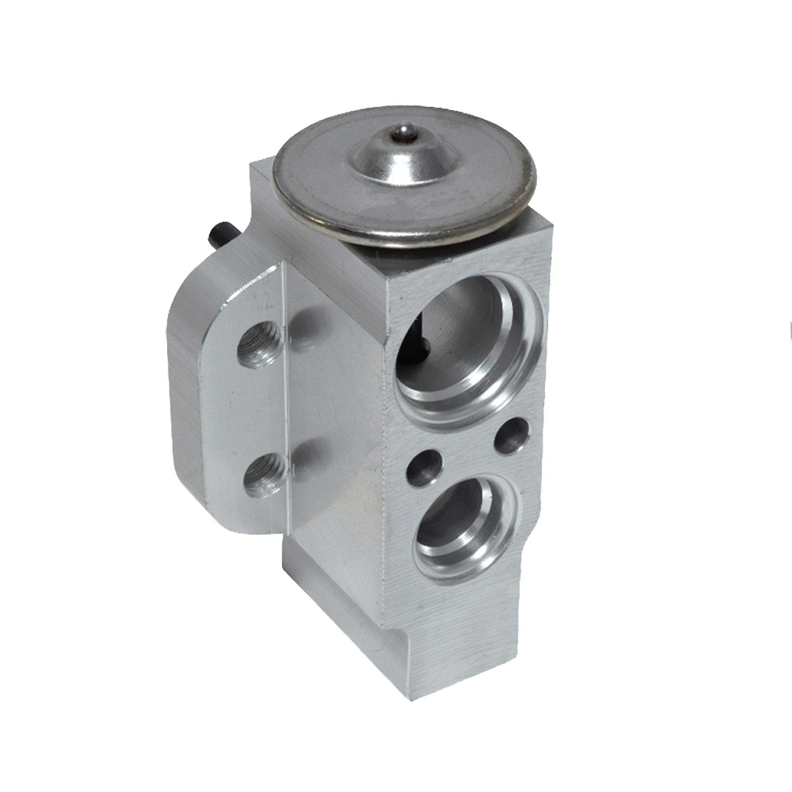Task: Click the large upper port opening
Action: pyautogui.click(x=465, y=343)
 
